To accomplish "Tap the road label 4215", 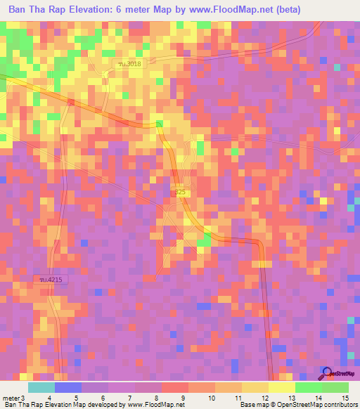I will (50, 280).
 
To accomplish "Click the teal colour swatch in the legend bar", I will (41, 387).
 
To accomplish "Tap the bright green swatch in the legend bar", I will (308, 387).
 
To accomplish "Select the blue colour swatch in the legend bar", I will (67, 387).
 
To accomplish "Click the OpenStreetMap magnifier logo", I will (326, 372).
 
